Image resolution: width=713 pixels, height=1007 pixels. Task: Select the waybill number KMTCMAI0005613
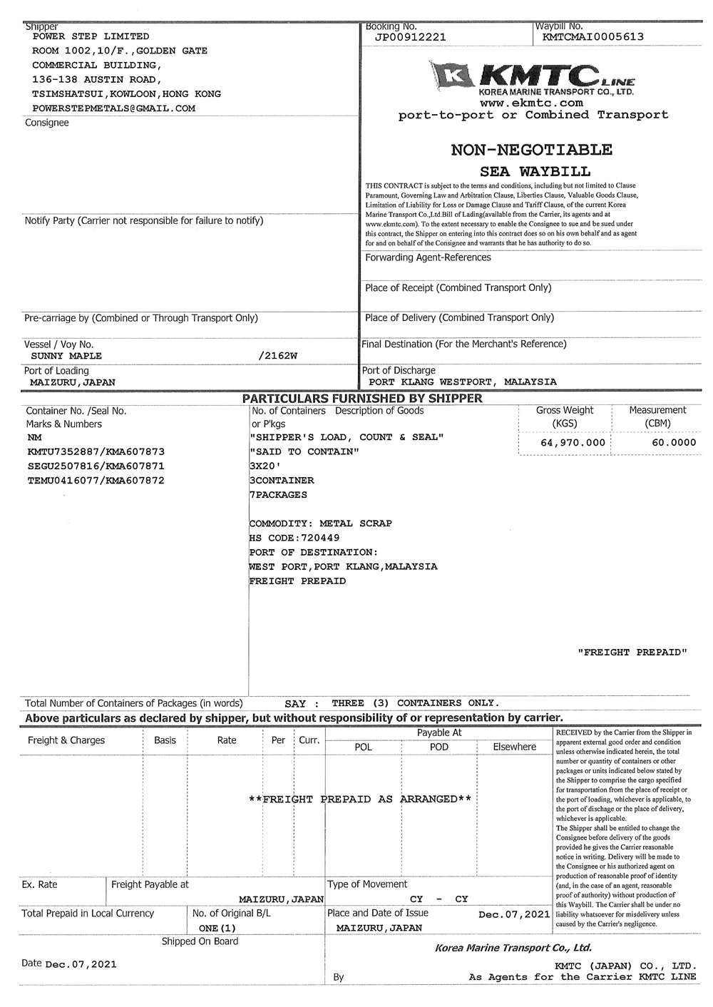click(x=593, y=37)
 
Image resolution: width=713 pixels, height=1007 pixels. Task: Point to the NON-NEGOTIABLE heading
click(x=531, y=150)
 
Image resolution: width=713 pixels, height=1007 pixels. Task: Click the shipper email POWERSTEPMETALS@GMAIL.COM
click(x=114, y=108)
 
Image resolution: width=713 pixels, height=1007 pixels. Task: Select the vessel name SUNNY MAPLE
click(x=66, y=356)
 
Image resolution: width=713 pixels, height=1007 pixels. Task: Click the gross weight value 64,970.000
click(x=573, y=443)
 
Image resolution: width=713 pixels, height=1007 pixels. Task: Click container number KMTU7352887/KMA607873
click(x=96, y=452)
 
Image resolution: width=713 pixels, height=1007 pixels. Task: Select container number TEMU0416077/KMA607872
click(x=96, y=481)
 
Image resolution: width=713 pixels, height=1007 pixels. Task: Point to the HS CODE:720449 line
click(x=294, y=538)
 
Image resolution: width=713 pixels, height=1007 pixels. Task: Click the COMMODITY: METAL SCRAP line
click(x=320, y=523)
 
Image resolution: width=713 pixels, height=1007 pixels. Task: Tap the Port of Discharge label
click(x=398, y=370)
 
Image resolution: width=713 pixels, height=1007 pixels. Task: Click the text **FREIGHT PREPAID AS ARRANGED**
click(x=359, y=799)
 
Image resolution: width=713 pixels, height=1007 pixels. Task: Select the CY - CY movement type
click(x=439, y=899)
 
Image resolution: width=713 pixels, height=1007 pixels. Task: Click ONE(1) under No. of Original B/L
click(x=217, y=929)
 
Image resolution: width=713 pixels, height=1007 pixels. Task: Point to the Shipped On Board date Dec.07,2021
click(x=81, y=964)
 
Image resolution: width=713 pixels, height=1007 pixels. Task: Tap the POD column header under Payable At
click(x=439, y=747)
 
